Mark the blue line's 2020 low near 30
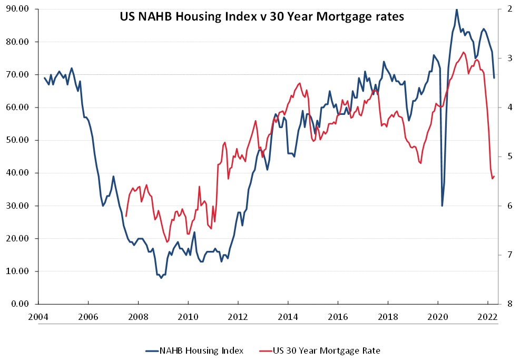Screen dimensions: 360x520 442,206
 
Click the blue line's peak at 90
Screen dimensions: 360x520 456,9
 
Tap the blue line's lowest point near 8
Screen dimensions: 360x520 161,277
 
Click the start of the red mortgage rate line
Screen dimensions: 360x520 126,216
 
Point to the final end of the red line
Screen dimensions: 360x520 494,176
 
